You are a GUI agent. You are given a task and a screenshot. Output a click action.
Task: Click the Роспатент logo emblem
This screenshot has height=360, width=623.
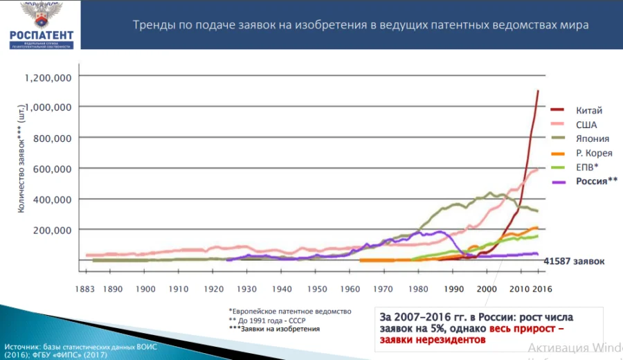tap(41, 15)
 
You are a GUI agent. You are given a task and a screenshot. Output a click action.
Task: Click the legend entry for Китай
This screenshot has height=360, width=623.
tap(588, 110)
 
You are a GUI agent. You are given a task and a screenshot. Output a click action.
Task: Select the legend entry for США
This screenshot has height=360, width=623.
tap(586, 125)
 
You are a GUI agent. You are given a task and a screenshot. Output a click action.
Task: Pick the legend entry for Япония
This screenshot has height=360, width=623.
tap(592, 138)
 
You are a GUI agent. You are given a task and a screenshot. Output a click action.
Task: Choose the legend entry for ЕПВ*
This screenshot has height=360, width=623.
tap(588, 168)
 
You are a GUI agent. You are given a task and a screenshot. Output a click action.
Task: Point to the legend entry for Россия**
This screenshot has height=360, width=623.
tap(596, 181)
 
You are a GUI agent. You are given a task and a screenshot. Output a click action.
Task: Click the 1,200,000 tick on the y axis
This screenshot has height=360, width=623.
tap(49, 77)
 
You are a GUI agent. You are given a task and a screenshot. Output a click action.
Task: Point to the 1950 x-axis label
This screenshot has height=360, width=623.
tap(317, 288)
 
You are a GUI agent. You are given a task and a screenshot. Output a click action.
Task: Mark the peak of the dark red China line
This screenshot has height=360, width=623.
tap(538, 91)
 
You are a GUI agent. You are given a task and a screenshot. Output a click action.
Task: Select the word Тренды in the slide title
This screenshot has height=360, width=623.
tap(153, 25)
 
